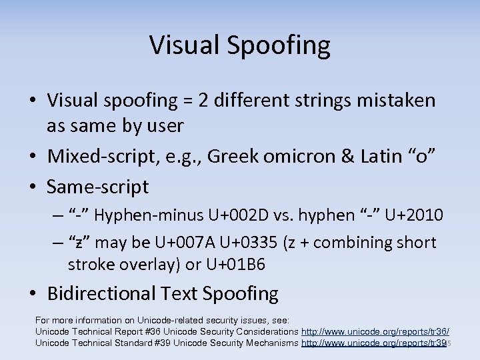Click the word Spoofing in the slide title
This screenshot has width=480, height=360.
[287, 45]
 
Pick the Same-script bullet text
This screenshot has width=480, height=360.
[98, 187]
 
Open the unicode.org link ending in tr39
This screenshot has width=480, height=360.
[374, 343]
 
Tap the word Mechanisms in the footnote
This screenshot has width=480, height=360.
[269, 343]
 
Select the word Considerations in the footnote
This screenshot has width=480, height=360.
[265, 331]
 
